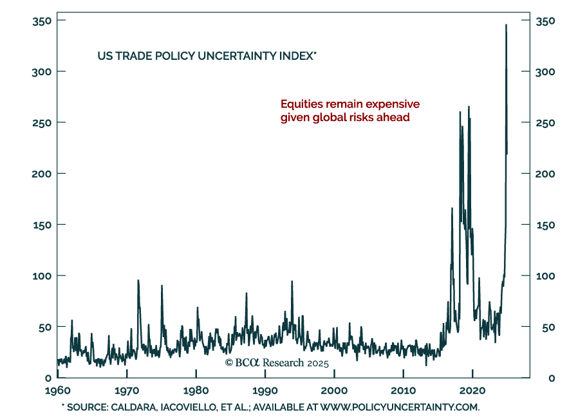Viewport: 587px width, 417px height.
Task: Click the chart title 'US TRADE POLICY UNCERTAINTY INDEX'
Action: click(x=206, y=56)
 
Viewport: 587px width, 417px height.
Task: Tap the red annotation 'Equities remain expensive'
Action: click(x=349, y=104)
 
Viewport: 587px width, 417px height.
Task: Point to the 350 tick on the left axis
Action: click(x=42, y=21)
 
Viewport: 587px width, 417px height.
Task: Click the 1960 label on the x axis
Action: click(x=58, y=391)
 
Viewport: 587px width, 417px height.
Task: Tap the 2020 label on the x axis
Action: click(x=472, y=391)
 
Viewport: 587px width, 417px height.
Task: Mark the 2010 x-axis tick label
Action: click(x=404, y=391)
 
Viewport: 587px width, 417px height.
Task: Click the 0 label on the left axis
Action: click(x=47, y=378)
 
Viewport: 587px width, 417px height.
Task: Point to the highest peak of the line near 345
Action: click(x=506, y=25)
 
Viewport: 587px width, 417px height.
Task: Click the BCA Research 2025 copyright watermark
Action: click(x=277, y=363)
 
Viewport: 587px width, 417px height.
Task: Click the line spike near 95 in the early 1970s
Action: click(x=138, y=281)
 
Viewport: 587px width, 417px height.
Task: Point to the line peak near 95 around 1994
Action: click(x=292, y=282)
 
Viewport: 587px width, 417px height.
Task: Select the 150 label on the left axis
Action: click(x=42, y=225)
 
